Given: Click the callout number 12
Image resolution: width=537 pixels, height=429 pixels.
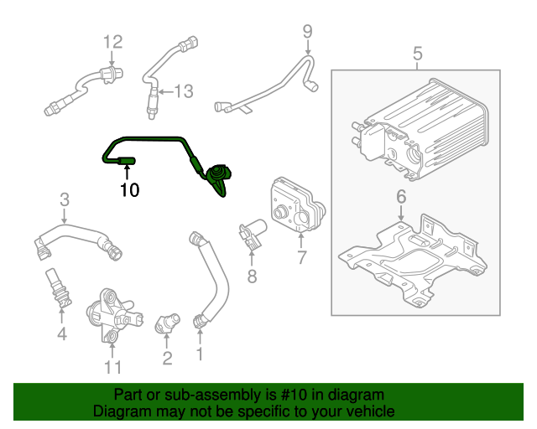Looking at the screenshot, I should click(112, 41).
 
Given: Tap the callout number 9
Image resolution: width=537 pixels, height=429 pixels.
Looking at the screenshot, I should click(307, 32).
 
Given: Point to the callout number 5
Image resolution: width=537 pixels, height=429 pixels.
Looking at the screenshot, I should click(417, 54).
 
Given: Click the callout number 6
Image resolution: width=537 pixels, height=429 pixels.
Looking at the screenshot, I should click(400, 197).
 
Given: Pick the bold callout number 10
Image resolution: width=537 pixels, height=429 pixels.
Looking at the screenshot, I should click(128, 190).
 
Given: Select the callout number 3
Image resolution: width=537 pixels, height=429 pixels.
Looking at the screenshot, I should click(64, 199).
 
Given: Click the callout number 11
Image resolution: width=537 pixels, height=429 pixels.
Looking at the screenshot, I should click(112, 367).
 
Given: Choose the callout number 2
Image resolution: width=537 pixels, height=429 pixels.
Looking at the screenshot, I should click(167, 359).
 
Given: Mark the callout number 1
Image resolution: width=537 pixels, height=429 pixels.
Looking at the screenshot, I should click(200, 354).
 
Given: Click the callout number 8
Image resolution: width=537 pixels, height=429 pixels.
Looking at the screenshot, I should click(250, 276).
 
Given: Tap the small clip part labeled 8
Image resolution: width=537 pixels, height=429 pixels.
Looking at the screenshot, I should click(251, 234).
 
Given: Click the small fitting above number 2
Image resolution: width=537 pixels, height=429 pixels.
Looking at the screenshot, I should click(168, 321).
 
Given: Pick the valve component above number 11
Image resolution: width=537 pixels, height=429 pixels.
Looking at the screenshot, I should click(107, 314).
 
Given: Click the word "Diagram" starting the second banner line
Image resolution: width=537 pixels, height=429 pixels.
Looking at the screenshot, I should click(119, 411).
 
